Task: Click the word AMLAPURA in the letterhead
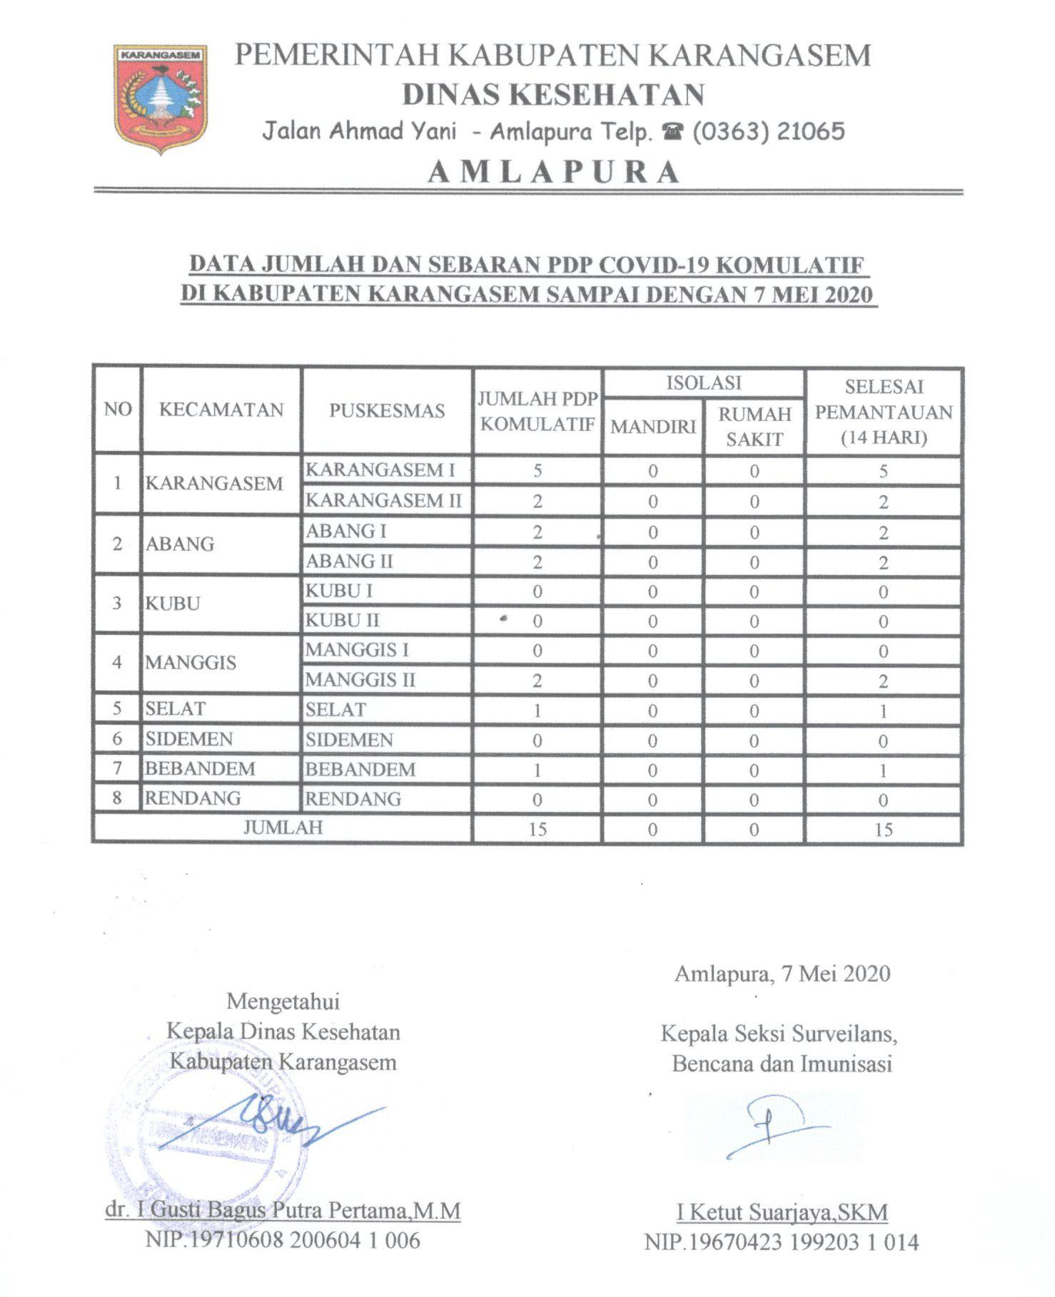pos(554,172)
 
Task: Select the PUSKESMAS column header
pos(387,411)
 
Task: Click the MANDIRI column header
pos(652,427)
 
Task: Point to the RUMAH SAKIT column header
pos(754,427)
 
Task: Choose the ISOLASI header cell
pos(704,383)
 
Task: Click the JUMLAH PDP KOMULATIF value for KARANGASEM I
pos(537,471)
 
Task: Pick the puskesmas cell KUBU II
pos(343,621)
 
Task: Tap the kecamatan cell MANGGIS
pos(191,663)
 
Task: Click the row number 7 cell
pos(118,768)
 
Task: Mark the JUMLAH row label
pos(283,828)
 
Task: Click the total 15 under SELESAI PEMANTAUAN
pos(883,829)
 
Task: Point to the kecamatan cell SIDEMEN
pos(189,739)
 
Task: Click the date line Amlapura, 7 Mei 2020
pos(782,974)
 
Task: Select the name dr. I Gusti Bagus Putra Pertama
pos(283,1210)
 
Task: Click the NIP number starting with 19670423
pos(782,1242)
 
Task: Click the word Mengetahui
pos(283,1001)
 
